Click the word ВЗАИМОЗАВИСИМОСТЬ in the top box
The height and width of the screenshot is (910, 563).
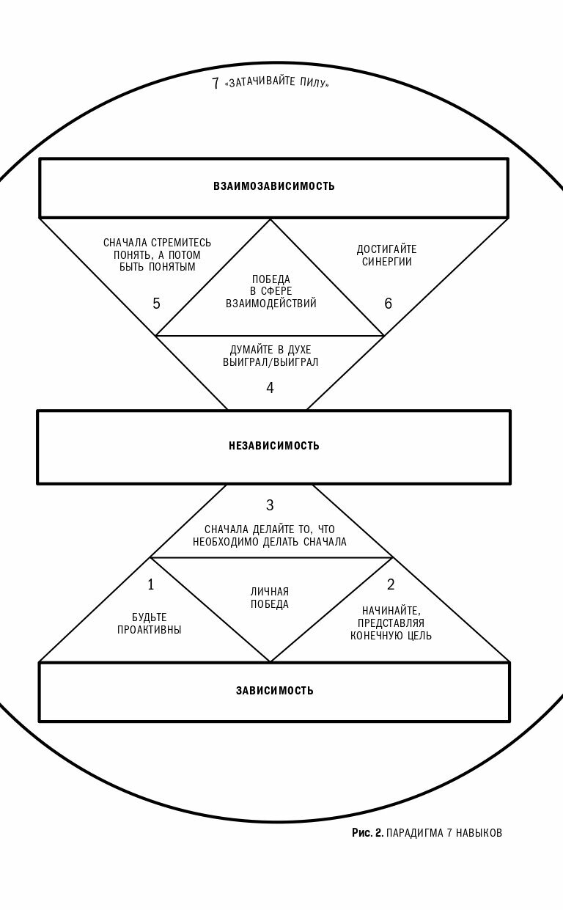(x=274, y=186)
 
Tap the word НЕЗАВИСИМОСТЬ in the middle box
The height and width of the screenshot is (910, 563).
(x=274, y=446)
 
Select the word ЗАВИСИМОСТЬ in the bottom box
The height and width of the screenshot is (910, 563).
(x=275, y=691)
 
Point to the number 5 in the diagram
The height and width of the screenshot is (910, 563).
(x=156, y=304)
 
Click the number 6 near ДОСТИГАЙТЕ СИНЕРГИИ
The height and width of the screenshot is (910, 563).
(x=389, y=304)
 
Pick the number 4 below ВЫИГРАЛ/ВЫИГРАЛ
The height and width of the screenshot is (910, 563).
(x=270, y=388)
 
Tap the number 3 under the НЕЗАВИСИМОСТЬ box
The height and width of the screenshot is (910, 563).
(x=270, y=505)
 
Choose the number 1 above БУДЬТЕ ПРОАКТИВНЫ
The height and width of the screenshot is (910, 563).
(x=151, y=584)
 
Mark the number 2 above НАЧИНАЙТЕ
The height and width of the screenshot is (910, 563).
(x=391, y=584)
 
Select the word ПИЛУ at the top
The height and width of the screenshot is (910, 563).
(x=314, y=83)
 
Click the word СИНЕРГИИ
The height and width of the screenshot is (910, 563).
(x=387, y=262)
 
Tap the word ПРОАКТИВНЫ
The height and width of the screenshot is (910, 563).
(x=150, y=630)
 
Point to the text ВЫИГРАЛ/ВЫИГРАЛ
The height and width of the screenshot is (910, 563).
(x=271, y=362)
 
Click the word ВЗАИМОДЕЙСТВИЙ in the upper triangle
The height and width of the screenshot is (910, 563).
(x=271, y=304)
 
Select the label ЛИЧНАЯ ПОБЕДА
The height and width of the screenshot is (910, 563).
(x=270, y=598)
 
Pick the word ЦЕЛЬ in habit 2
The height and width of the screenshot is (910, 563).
(x=419, y=636)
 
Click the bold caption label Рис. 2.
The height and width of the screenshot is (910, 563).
(x=367, y=833)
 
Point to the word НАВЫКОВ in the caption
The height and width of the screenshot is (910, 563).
(x=479, y=833)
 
